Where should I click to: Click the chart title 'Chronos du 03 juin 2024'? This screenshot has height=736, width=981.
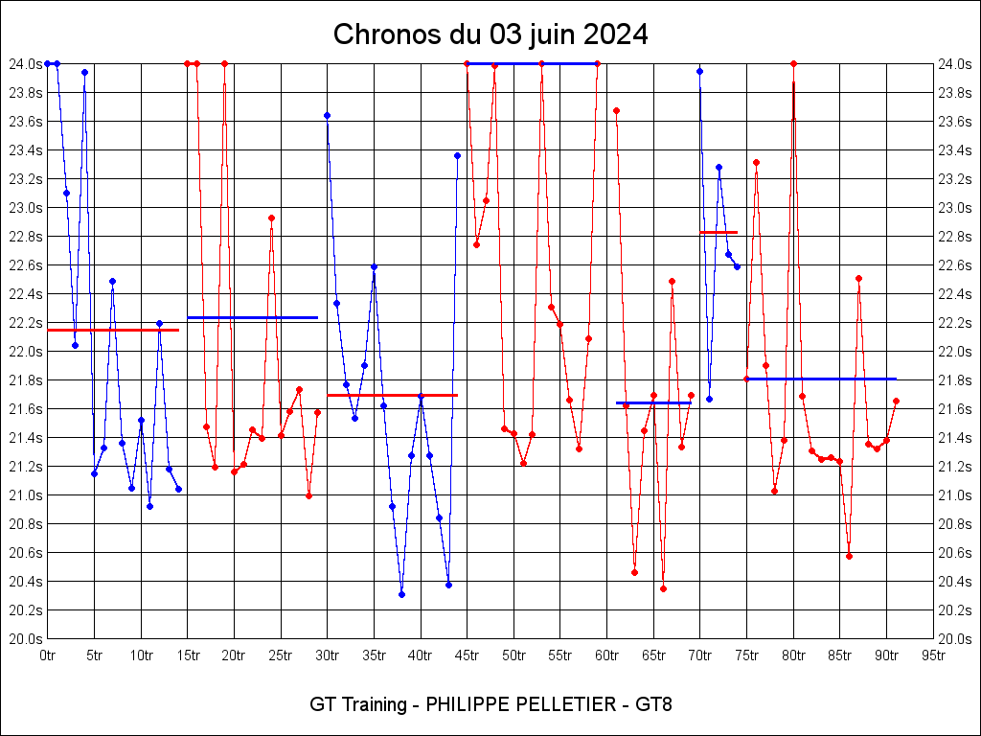(x=490, y=34)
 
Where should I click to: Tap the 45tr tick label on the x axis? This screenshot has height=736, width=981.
(x=468, y=655)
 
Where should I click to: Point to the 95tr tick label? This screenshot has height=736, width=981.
(x=934, y=655)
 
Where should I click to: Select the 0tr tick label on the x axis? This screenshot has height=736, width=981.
(x=47, y=655)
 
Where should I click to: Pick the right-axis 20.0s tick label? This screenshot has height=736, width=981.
(x=956, y=638)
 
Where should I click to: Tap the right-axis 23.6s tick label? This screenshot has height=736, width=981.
(x=956, y=121)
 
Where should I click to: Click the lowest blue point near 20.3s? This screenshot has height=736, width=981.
(x=401, y=594)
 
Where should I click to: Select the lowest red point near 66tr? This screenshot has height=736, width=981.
(x=663, y=588)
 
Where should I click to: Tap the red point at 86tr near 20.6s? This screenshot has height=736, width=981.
(x=849, y=556)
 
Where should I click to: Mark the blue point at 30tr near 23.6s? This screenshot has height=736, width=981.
(x=327, y=115)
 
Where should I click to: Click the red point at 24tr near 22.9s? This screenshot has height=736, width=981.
(x=271, y=218)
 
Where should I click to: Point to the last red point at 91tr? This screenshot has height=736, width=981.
(x=896, y=401)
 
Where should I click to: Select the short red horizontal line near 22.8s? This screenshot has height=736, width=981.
(x=719, y=232)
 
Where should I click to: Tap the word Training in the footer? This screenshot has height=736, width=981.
(x=371, y=704)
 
